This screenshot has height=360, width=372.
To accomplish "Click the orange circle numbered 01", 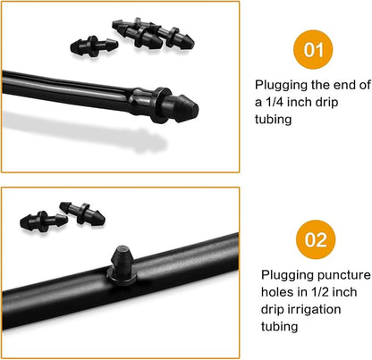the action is click(x=313, y=49).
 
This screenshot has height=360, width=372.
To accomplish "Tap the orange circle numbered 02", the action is click(x=316, y=239).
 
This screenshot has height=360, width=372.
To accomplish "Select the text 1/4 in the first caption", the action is click(x=274, y=102).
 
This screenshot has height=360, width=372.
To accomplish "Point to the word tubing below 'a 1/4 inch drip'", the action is click(x=273, y=120).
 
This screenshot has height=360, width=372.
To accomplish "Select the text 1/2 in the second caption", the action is click(x=320, y=292).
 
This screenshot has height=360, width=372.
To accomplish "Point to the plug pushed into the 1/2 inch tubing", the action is click(x=123, y=265).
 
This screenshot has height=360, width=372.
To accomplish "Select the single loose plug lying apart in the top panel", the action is click(x=94, y=46).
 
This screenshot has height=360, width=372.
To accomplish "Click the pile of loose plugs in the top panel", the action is click(x=154, y=35).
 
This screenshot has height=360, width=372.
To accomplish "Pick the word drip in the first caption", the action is click(x=327, y=103).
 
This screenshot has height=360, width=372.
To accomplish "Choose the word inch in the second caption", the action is click(x=344, y=292).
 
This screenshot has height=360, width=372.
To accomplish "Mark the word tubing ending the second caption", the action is click(x=279, y=327).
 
